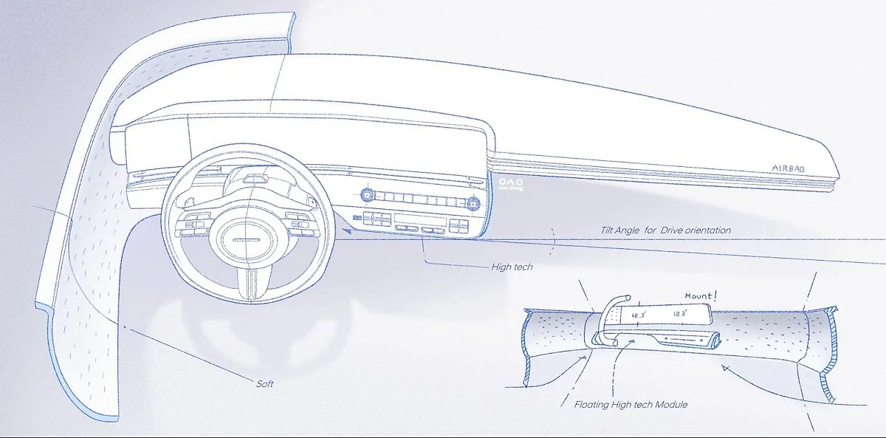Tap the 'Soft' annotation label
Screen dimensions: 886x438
(265, 383)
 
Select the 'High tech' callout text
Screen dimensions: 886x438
(512, 267)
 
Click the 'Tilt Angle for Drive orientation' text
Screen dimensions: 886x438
(665, 230)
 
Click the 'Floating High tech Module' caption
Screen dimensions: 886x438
(631, 405)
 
